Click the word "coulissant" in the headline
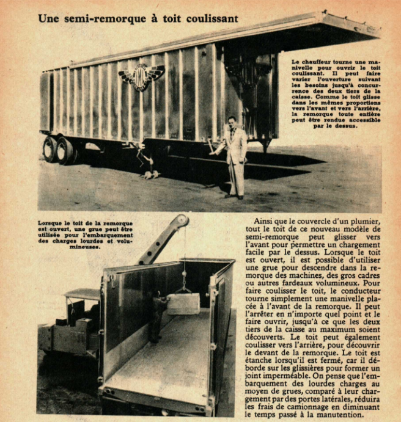click(210, 18)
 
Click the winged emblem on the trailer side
click(142, 76)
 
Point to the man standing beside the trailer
click(234, 156)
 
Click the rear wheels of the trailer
click(59, 149)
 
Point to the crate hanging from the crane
click(183, 304)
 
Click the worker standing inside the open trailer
click(156, 315)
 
